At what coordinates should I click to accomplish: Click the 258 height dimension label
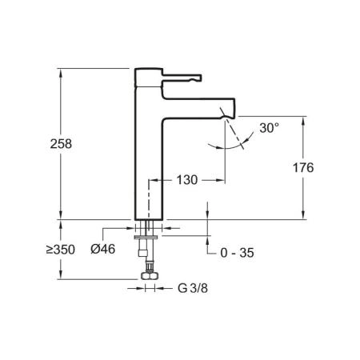[x=61, y=144]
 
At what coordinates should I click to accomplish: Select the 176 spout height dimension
[x=303, y=168]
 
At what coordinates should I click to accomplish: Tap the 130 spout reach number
[x=187, y=180]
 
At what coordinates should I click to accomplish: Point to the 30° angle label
[x=270, y=128]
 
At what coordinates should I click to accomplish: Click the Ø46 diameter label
[x=103, y=250]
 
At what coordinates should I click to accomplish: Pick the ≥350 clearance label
[x=61, y=250]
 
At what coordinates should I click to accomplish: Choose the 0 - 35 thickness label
[x=237, y=253]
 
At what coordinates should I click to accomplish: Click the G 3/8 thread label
[x=193, y=288]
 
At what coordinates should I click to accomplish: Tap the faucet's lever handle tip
[x=200, y=78]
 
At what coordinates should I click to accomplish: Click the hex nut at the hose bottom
[x=150, y=276]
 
